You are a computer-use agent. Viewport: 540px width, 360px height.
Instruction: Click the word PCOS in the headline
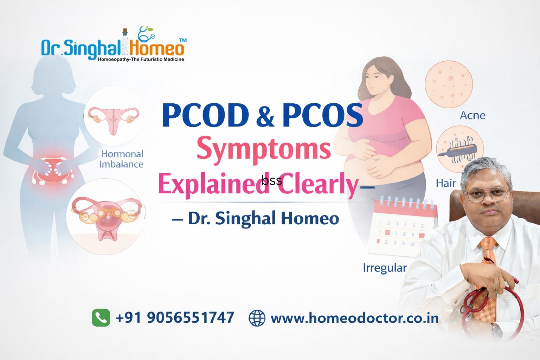coord(322,115)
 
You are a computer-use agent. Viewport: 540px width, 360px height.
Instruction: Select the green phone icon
coord(101,317)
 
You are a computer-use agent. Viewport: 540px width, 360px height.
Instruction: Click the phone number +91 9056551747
coord(175,317)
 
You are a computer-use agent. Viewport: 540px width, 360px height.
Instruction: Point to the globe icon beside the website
coord(257,318)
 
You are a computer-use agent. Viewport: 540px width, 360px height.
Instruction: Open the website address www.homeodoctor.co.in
coord(355,318)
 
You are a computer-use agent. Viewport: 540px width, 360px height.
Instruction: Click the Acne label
coord(472,116)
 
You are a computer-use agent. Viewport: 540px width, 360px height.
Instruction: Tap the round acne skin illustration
coord(449,84)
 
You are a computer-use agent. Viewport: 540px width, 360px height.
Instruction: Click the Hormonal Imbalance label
coord(122,159)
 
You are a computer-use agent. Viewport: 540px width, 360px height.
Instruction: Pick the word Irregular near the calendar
coord(385,268)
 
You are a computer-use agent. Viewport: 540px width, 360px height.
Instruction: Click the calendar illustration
coord(404,227)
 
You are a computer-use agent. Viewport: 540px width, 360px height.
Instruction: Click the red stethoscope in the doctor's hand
coord(494,311)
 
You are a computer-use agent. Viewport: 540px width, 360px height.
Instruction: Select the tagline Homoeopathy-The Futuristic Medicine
coord(141,59)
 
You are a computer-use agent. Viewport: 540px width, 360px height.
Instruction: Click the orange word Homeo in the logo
coord(157,48)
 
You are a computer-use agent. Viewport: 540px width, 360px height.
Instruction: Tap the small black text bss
coord(272,180)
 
